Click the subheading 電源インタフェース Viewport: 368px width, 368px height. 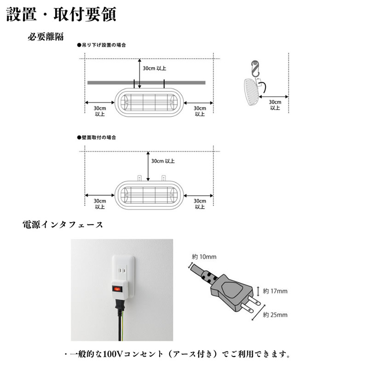pyautogui.click(x=63, y=225)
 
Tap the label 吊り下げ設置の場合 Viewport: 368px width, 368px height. pyautogui.click(x=101, y=46)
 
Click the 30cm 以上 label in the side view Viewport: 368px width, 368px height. pyautogui.click(x=275, y=104)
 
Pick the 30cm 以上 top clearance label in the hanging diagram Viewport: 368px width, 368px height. pyautogui.click(x=155, y=69)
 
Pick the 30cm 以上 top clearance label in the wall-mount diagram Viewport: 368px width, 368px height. pyautogui.click(x=163, y=161)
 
